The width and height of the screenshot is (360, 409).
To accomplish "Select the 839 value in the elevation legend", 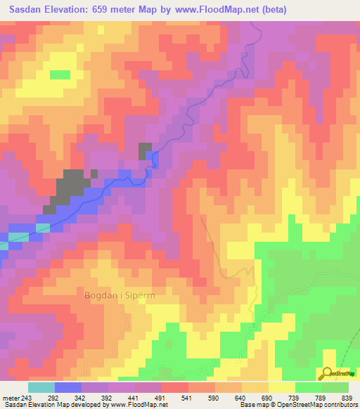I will tap(348, 397).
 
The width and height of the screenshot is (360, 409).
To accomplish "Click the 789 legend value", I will tap(322, 397).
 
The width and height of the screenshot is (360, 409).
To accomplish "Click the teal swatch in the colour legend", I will tap(41, 387).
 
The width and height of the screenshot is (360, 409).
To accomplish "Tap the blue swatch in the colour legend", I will tap(68, 387).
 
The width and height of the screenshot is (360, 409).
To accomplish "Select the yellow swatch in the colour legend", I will tap(281, 387).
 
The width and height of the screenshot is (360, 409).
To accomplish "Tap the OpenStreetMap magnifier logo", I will tap(328, 374).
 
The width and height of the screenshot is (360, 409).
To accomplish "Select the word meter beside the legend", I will tap(11, 397).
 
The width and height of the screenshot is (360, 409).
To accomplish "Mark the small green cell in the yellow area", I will tap(60, 74).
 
